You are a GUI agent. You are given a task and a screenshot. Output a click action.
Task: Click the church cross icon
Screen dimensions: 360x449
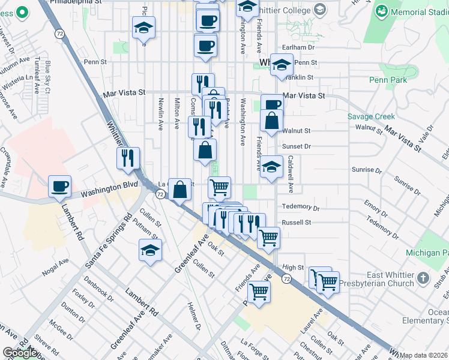424,278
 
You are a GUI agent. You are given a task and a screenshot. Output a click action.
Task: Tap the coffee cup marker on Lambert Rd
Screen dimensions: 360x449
59,186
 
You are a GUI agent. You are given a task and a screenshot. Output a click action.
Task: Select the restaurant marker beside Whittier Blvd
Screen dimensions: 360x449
128,159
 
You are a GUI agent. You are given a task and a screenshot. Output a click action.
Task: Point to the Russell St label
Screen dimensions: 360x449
297,222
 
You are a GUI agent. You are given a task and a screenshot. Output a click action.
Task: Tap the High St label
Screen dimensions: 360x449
294,268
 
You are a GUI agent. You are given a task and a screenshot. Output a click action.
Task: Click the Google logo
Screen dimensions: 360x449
19,353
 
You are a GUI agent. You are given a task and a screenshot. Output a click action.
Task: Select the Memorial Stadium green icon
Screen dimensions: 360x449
382,11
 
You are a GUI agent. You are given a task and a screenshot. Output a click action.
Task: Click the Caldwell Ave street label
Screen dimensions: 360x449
290,175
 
